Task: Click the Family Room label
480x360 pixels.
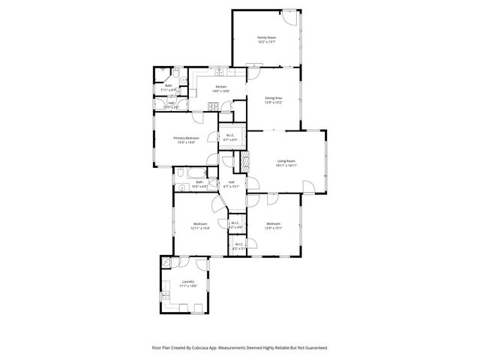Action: click(265, 37)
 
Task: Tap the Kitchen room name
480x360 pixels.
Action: click(221, 87)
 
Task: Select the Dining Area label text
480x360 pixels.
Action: click(273, 97)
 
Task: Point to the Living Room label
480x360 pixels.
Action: click(286, 160)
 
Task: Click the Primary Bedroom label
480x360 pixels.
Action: click(186, 138)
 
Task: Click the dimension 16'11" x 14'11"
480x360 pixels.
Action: click(286, 165)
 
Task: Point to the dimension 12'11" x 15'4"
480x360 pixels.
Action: click(199, 228)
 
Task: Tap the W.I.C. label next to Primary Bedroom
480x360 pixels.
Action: click(232, 136)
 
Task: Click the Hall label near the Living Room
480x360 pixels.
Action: click(232, 181)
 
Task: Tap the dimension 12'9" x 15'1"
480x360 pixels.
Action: click(273, 228)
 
